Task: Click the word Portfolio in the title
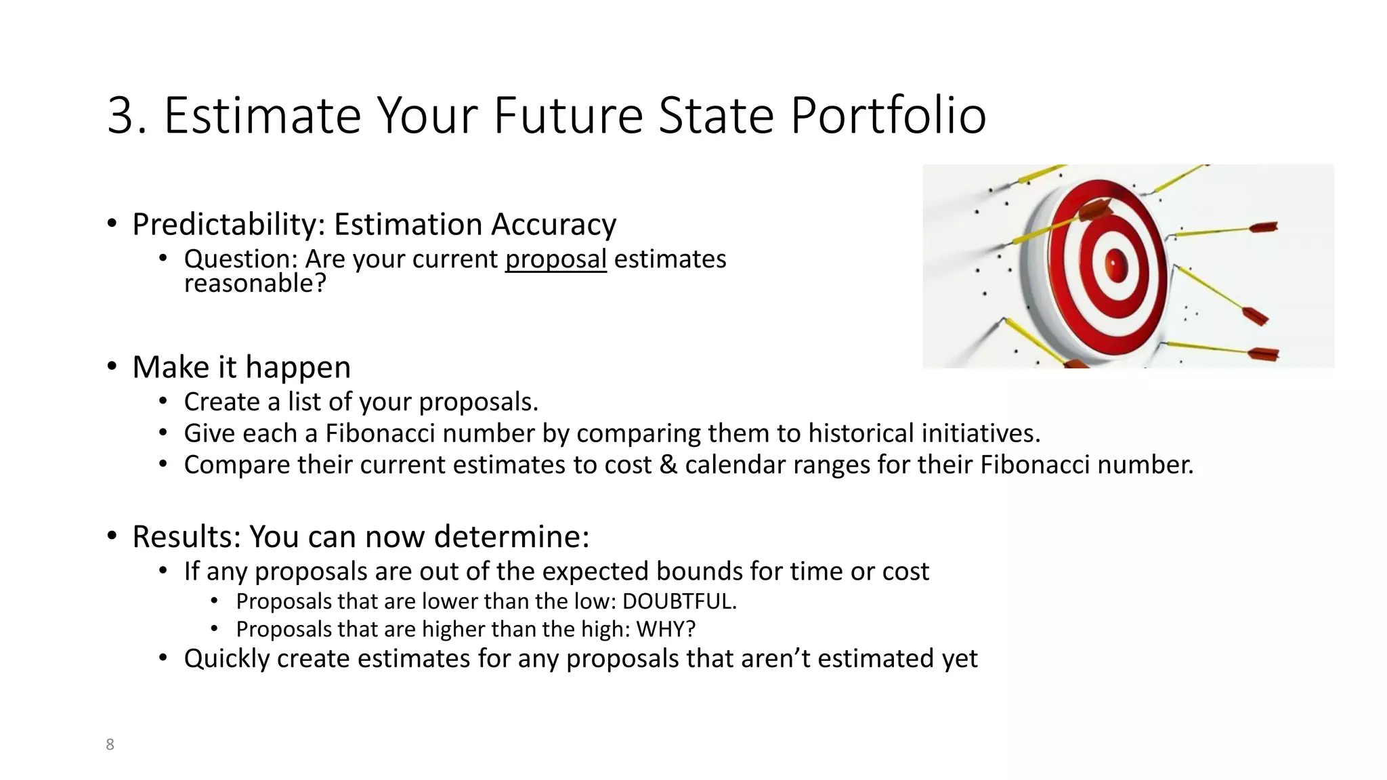point(888,115)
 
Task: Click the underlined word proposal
point(555,259)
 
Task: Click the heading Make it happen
point(241,368)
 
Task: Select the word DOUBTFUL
point(679,601)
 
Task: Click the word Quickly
point(226,659)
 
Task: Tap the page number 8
point(110,745)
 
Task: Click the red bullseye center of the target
point(1115,263)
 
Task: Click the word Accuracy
point(553,225)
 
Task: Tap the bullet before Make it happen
point(112,366)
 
